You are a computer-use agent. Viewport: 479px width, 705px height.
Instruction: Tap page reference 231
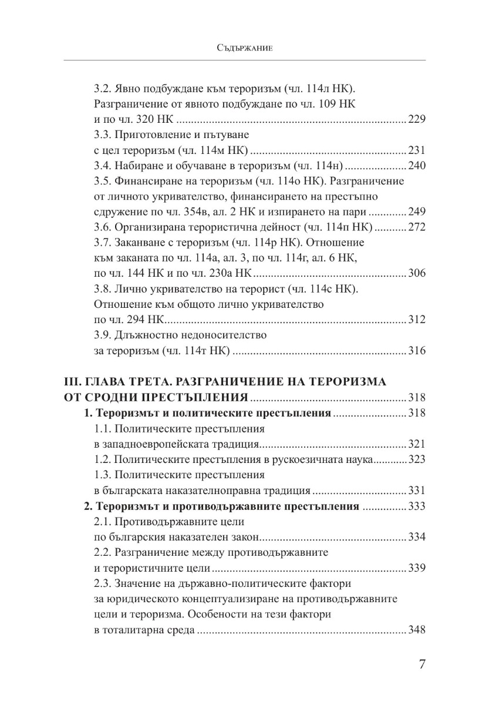click(x=416, y=151)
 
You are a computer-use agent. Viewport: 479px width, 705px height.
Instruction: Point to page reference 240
click(x=416, y=166)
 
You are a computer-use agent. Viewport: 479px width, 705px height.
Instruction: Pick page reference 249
click(x=416, y=211)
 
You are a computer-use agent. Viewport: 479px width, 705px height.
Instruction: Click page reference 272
click(x=416, y=227)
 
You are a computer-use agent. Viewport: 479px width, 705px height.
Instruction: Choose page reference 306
click(x=416, y=273)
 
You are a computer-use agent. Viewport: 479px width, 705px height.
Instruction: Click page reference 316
click(x=416, y=351)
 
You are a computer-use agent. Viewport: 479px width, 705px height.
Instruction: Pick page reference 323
click(x=416, y=459)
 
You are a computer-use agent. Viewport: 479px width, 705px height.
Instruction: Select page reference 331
click(x=416, y=490)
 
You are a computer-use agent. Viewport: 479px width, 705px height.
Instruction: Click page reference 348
click(x=416, y=630)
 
